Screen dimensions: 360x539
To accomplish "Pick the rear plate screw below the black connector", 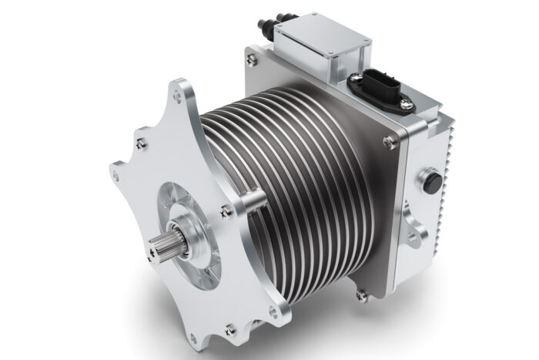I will [x=391, y=140].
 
